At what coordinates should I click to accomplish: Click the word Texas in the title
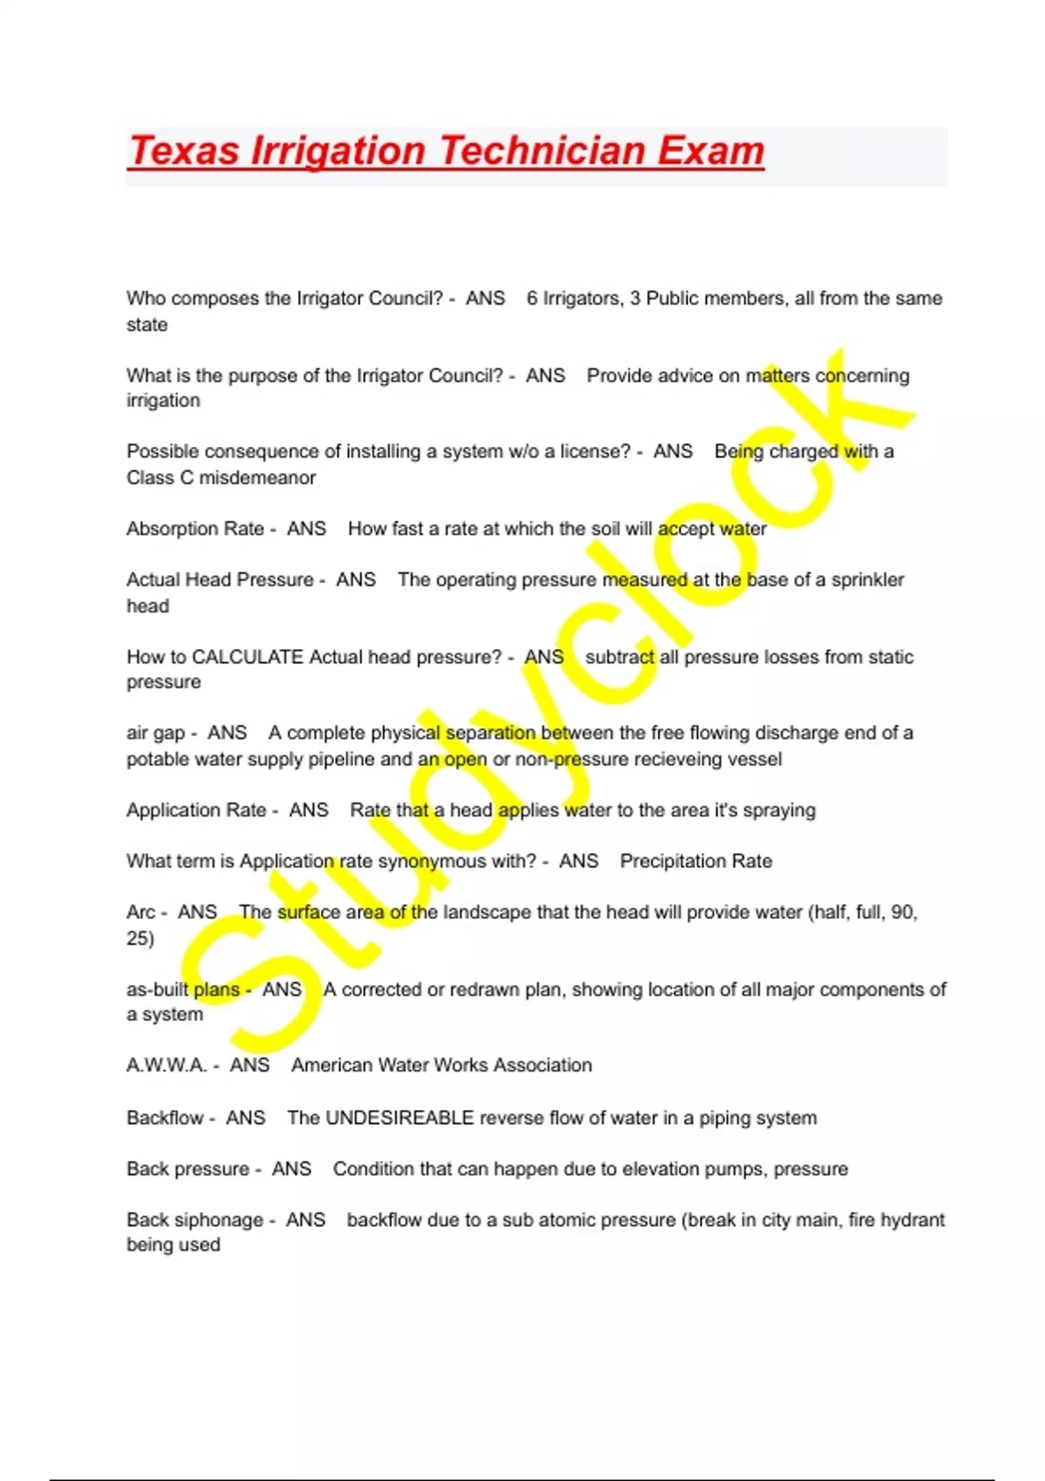[185, 151]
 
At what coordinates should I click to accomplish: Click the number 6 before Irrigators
[531, 299]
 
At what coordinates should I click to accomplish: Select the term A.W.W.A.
[166, 1065]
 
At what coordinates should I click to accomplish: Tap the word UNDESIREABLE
[400, 1118]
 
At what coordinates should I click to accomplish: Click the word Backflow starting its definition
[165, 1118]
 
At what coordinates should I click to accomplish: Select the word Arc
[140, 912]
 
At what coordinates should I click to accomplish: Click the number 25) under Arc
[140, 938]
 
